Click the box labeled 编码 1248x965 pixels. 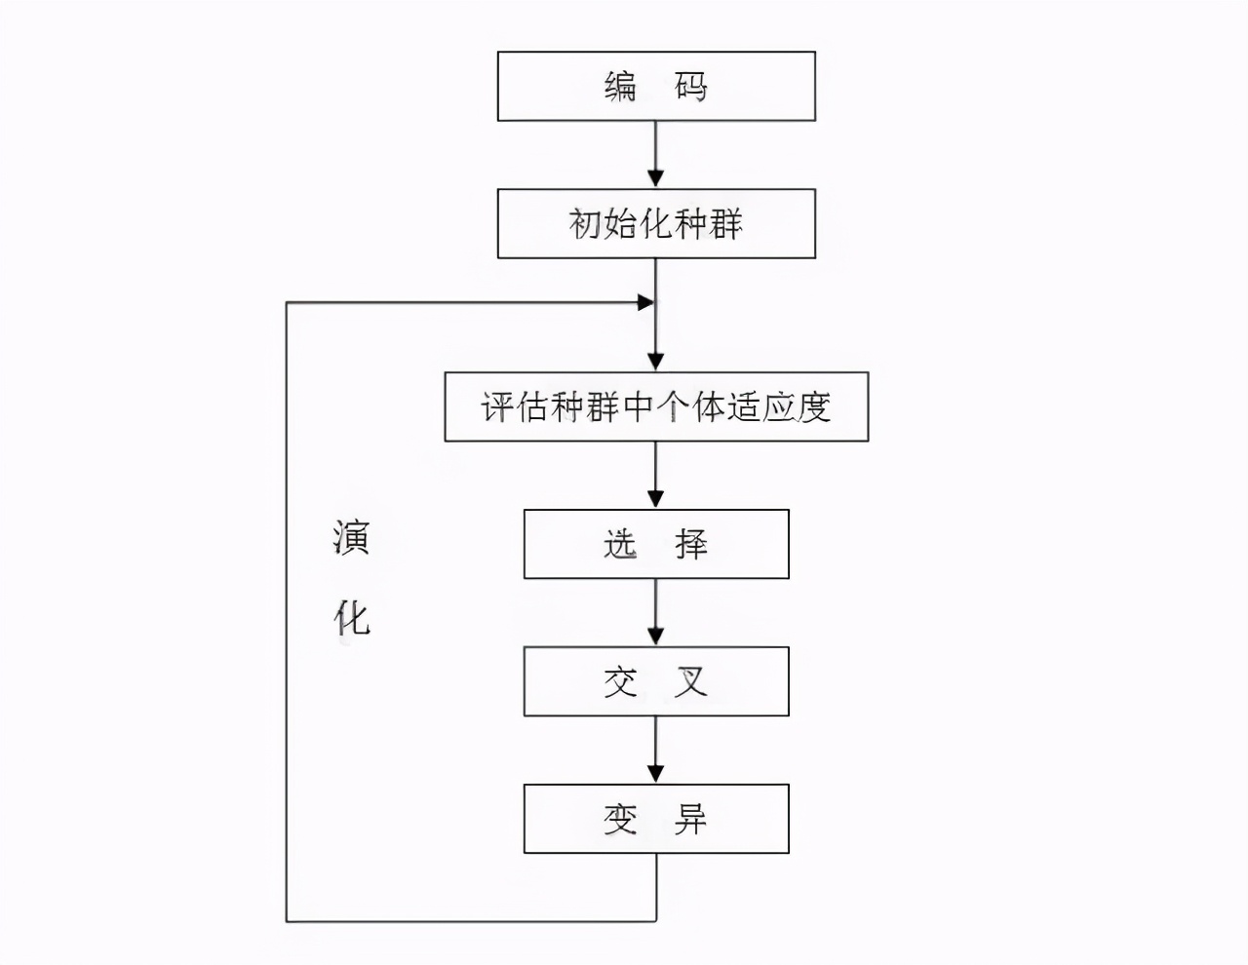[656, 87]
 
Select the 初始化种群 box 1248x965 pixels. [656, 224]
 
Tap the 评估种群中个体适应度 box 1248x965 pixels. [656, 406]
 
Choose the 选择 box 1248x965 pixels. [656, 544]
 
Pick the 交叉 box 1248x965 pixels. [656, 681]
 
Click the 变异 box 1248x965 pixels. [656, 819]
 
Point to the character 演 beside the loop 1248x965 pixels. [351, 537]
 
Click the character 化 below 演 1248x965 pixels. [351, 617]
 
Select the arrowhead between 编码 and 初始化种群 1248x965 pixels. [656, 178]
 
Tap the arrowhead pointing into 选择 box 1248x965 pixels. [656, 498]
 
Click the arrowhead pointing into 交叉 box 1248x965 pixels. [656, 636]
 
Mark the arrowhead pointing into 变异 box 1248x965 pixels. [656, 773]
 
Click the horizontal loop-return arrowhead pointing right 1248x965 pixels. [644, 303]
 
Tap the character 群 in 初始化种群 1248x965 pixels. [725, 224]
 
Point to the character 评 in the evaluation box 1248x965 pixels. [498, 406]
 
